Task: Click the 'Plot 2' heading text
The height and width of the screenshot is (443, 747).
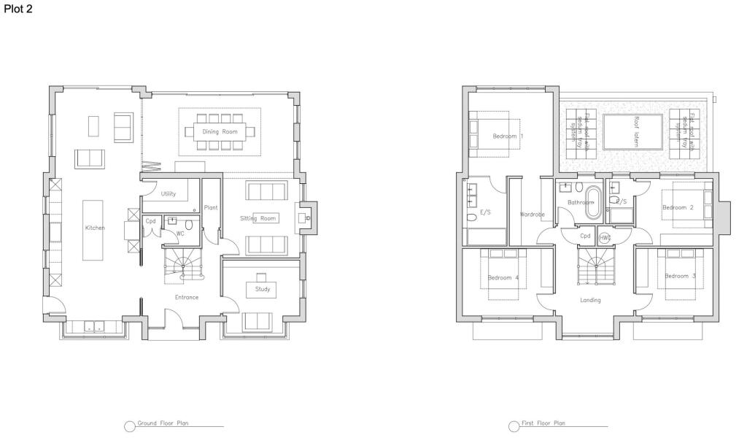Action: click(x=18, y=9)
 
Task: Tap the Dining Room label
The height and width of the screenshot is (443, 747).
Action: click(x=220, y=131)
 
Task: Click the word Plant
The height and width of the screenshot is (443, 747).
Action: click(x=211, y=207)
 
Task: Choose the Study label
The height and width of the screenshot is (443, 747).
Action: click(x=263, y=289)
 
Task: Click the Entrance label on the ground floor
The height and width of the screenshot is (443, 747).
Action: click(x=187, y=297)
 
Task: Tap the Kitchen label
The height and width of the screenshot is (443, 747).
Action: click(x=95, y=228)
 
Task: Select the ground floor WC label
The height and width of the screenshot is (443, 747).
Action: click(x=179, y=234)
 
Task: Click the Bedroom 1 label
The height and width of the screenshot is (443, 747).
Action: click(x=508, y=136)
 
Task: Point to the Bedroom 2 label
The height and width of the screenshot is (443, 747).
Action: click(x=677, y=207)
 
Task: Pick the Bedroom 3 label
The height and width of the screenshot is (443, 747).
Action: click(x=680, y=276)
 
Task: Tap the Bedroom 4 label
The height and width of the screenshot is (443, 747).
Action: click(x=503, y=277)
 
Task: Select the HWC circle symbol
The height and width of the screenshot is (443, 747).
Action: click(x=605, y=238)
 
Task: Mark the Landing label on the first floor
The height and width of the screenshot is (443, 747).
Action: click(x=590, y=300)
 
